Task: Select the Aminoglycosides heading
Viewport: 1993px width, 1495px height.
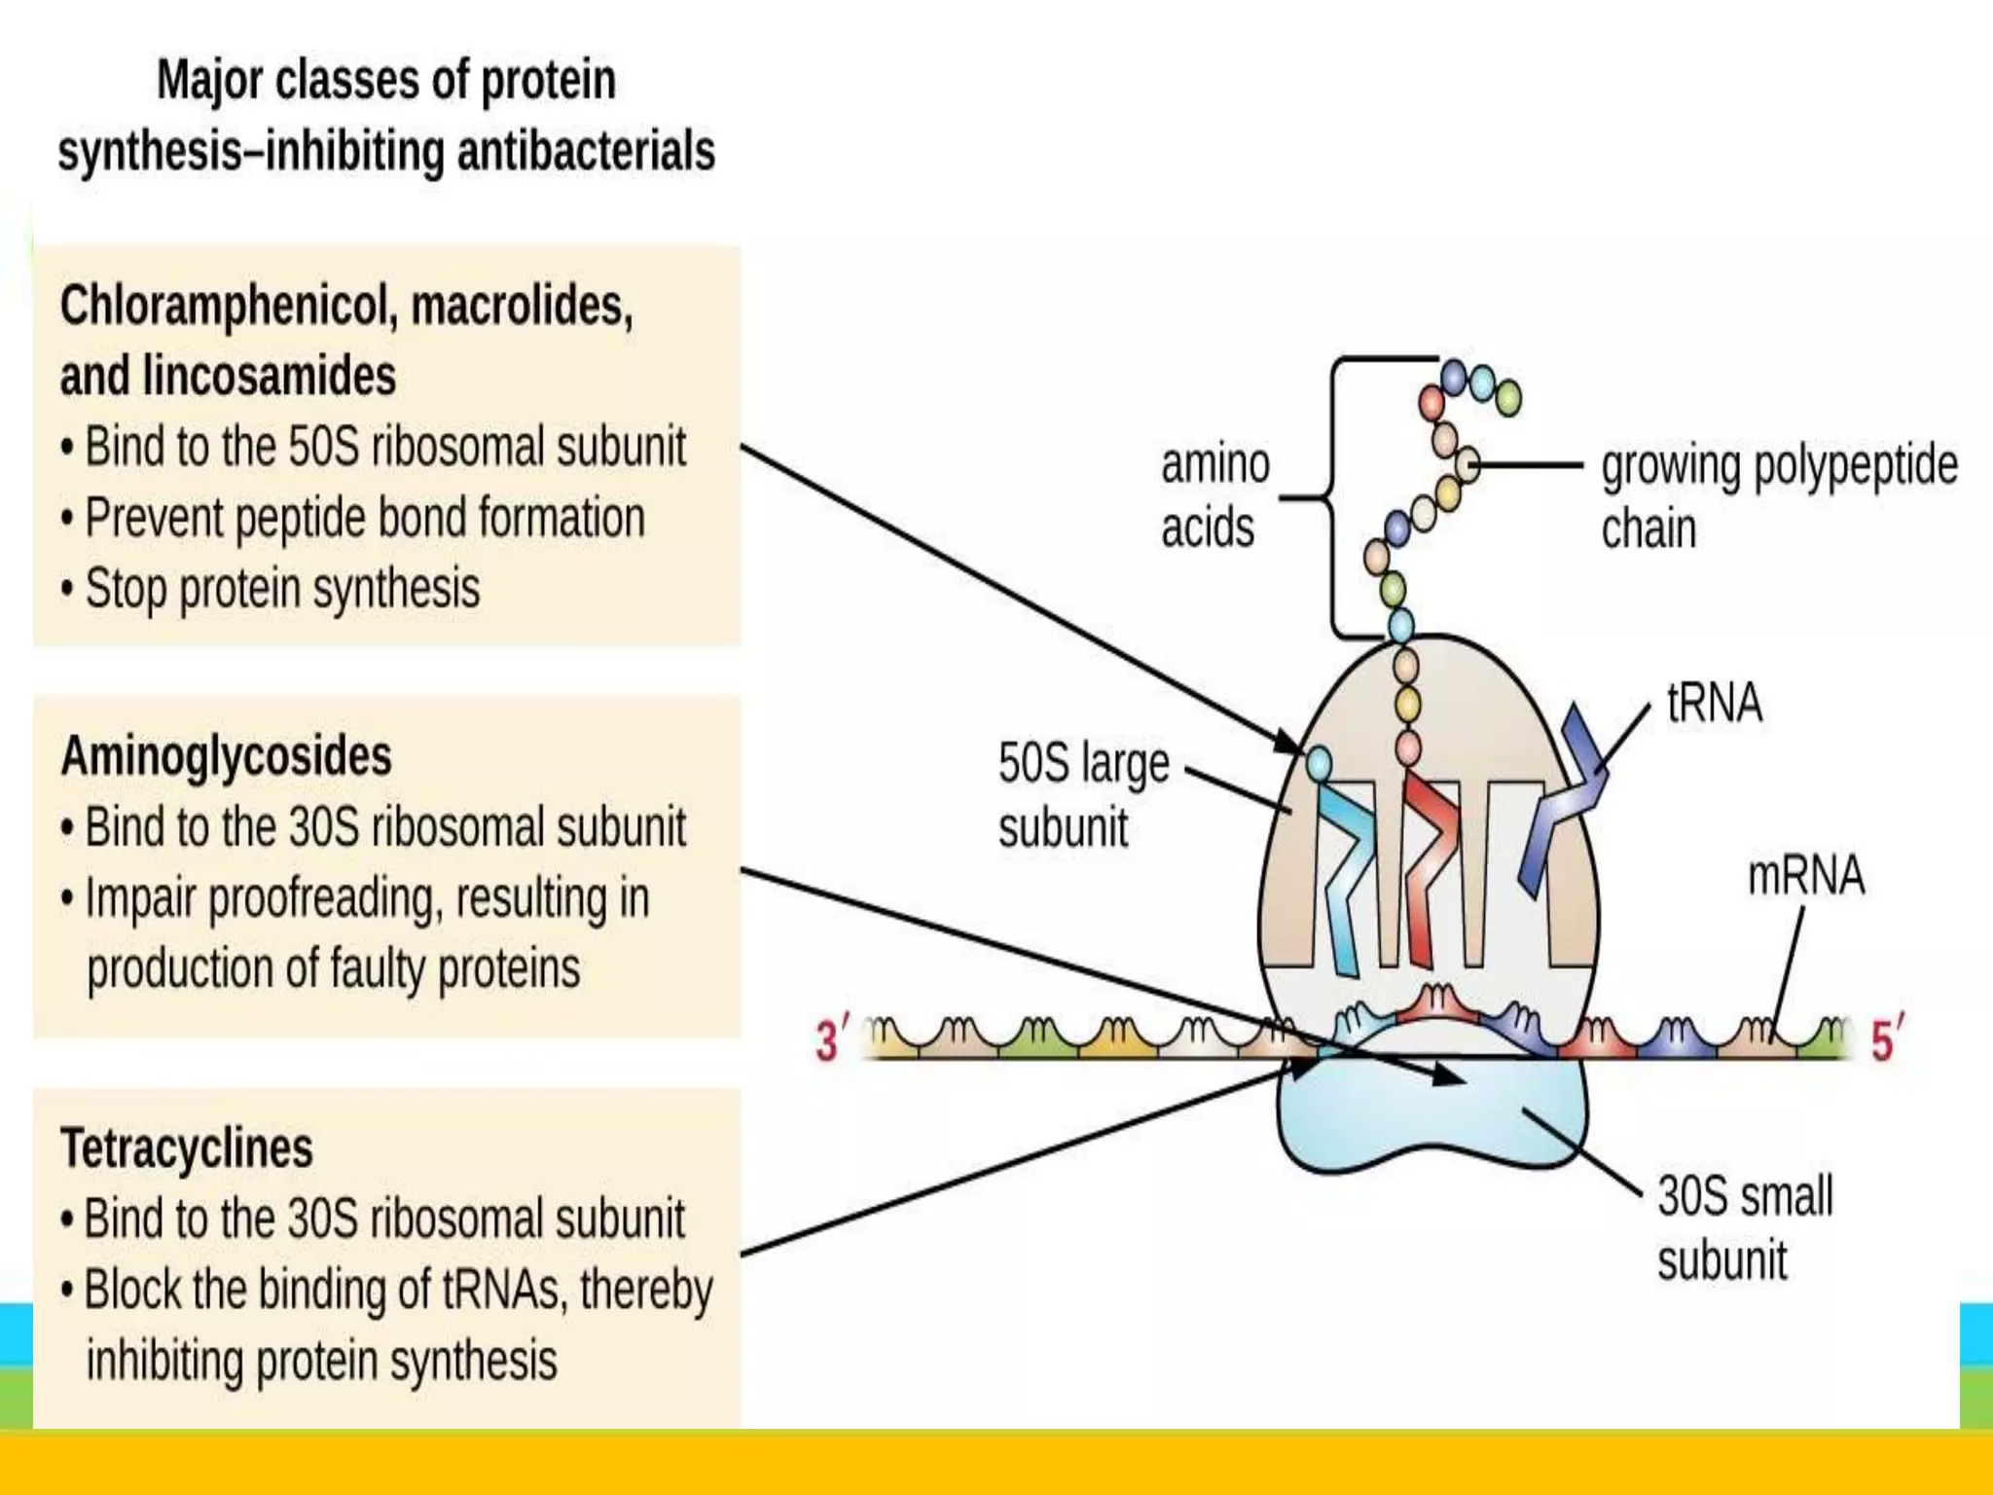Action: (x=226, y=756)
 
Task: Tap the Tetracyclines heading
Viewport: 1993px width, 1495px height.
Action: (x=187, y=1149)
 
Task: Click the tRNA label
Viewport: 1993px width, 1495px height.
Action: (x=1714, y=703)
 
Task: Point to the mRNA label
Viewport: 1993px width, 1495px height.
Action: (x=1805, y=875)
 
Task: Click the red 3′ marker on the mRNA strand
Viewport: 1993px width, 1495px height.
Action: (x=830, y=1039)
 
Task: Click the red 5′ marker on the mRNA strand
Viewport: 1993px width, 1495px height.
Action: (x=1886, y=1039)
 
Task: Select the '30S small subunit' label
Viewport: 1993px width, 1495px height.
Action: (x=1743, y=1227)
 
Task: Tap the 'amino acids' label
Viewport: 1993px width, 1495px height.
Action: (x=1214, y=496)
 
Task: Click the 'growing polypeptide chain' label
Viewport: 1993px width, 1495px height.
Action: (x=1777, y=496)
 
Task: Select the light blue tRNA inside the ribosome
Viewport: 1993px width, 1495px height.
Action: (x=1344, y=866)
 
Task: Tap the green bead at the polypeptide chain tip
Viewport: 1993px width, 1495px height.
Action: (x=1507, y=397)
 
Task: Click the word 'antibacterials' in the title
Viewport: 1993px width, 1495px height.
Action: (x=586, y=152)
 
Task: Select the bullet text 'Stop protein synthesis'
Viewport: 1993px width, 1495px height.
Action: (x=282, y=589)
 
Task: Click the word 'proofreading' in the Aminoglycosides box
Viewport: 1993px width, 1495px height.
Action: (x=325, y=897)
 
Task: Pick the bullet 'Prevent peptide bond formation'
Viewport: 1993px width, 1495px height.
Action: (x=364, y=518)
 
